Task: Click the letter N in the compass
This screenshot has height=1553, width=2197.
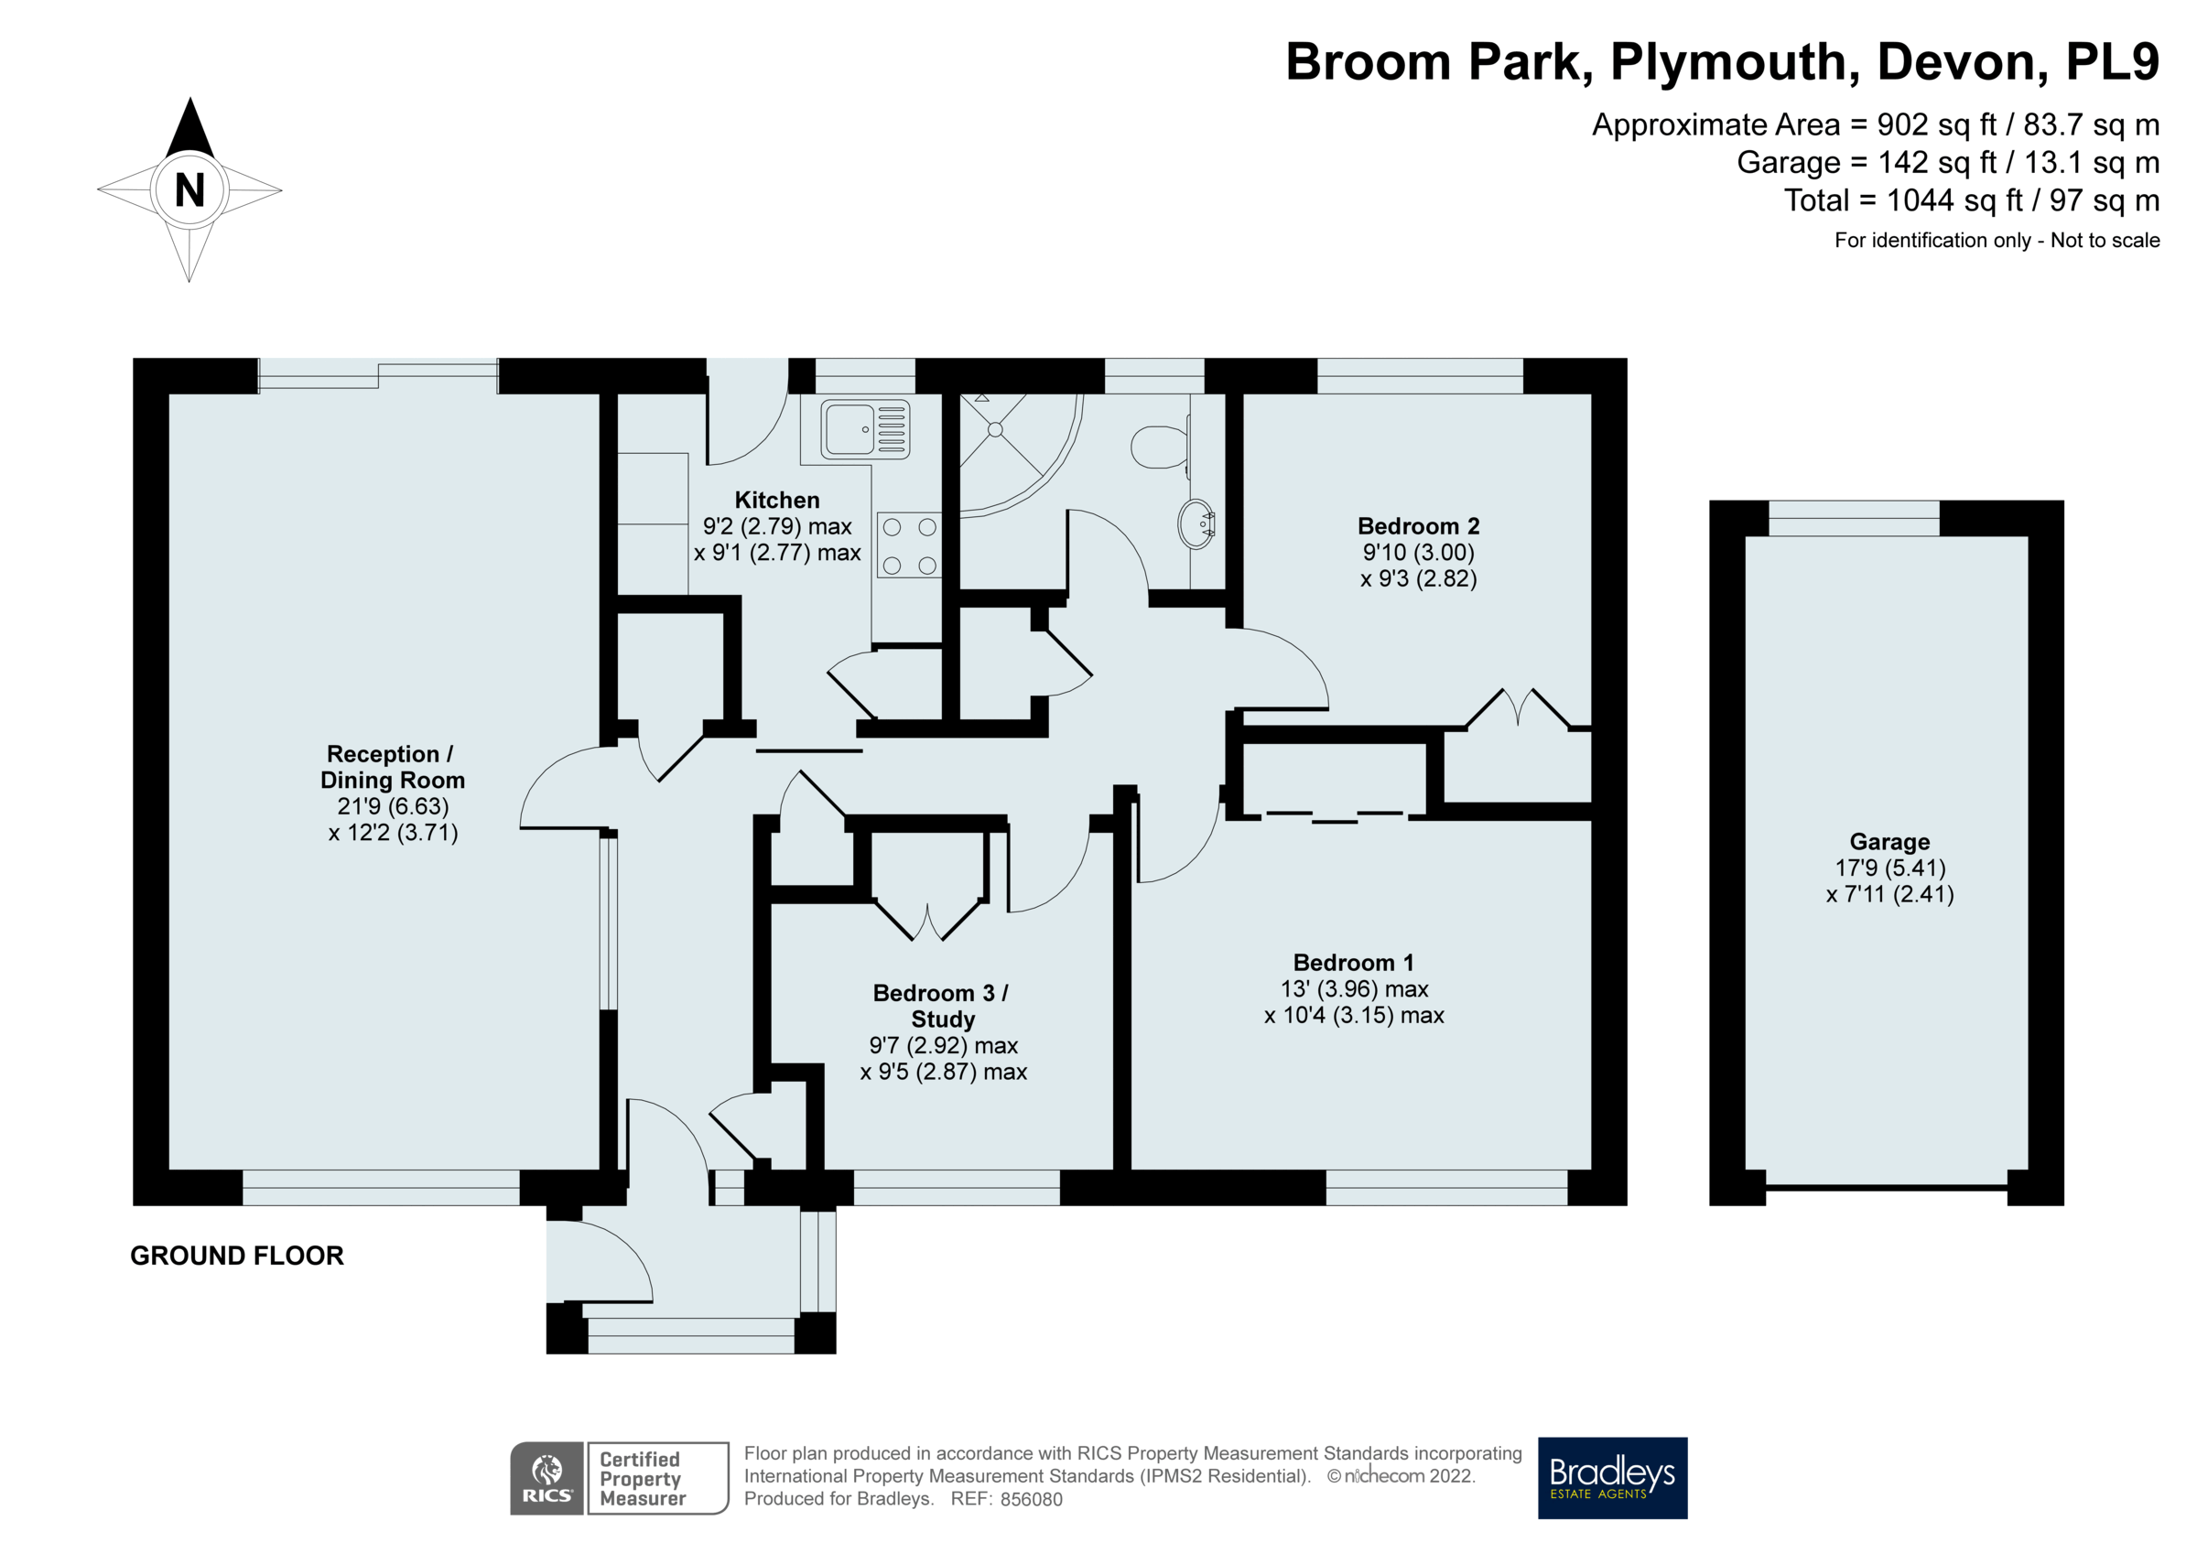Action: coord(189,189)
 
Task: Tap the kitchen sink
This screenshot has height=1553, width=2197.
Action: coord(865,428)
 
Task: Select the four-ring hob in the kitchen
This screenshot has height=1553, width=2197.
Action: coord(909,545)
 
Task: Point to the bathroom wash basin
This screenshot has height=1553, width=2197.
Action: coord(1196,523)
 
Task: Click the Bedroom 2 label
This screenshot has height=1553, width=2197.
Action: coord(1418,526)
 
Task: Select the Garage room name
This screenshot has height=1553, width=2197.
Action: coord(1889,842)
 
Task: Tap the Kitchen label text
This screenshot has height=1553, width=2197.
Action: coord(777,501)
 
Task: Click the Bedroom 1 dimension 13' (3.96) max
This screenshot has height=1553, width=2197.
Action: coord(1354,989)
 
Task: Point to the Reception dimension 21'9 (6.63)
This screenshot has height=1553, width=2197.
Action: coord(393,806)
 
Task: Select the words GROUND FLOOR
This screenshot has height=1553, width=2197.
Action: coord(236,1256)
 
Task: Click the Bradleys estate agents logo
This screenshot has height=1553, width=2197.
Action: coord(1611,1477)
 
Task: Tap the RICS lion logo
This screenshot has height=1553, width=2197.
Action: coord(547,1477)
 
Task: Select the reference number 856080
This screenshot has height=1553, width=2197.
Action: coord(1031,1500)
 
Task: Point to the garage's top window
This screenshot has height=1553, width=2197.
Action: coord(1854,518)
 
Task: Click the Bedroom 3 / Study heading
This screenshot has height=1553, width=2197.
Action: coord(942,1006)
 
